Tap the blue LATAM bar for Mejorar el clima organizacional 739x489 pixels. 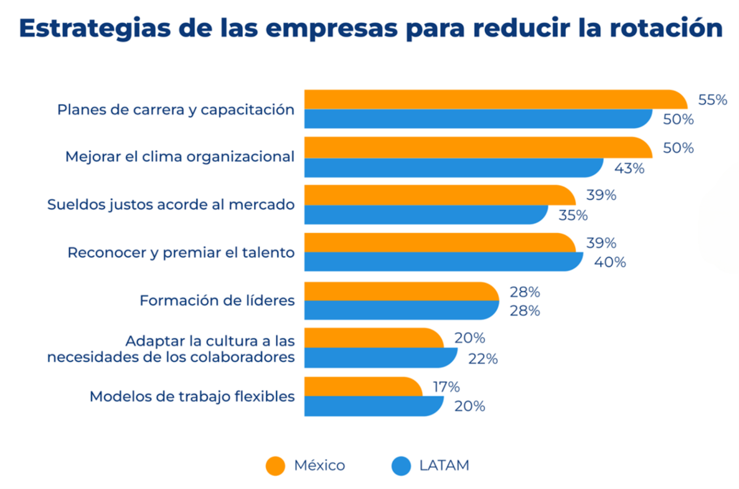[452, 168]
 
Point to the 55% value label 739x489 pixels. [712, 100]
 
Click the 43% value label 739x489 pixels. [629, 168]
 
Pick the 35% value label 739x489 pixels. [573, 215]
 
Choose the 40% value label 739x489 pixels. [610, 262]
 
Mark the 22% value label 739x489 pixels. [483, 358]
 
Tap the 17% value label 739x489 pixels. [446, 387]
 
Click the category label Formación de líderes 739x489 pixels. [217, 301]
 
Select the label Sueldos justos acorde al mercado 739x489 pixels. [171, 204]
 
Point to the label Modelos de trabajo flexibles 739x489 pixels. [192, 396]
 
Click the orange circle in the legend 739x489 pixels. [275, 466]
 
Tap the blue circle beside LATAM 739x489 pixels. [401, 466]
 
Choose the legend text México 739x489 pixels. [319, 465]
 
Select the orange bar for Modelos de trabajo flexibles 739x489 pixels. [363, 386]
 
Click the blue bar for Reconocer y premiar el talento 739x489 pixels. [443, 262]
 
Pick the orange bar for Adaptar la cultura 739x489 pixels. [373, 338]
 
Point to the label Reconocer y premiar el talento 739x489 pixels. [181, 252]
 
